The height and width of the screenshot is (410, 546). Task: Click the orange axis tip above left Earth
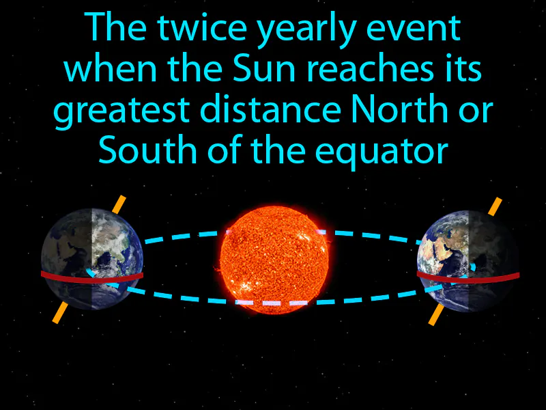[x=119, y=204]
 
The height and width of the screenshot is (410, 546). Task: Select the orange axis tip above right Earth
[x=495, y=206]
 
